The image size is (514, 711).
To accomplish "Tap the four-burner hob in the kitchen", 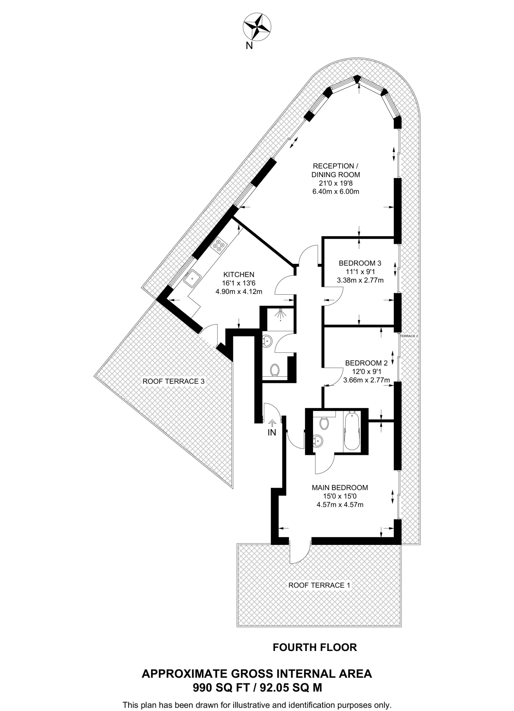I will (219, 244).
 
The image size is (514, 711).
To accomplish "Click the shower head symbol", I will (280, 314).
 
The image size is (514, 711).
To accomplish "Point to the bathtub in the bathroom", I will (351, 432).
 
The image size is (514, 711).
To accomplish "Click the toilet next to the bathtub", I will (324, 423).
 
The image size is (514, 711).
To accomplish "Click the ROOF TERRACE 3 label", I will (173, 381).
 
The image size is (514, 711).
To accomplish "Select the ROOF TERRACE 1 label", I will (319, 585).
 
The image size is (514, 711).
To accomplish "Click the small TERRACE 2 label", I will (409, 336).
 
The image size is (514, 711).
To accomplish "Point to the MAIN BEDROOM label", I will (340, 487).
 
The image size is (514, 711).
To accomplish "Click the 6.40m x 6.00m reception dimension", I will (335, 191).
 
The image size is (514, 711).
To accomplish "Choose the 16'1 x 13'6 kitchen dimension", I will (239, 283).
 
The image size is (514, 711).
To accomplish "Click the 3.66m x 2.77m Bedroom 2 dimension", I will (366, 380).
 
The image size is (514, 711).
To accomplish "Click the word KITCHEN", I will (239, 274).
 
